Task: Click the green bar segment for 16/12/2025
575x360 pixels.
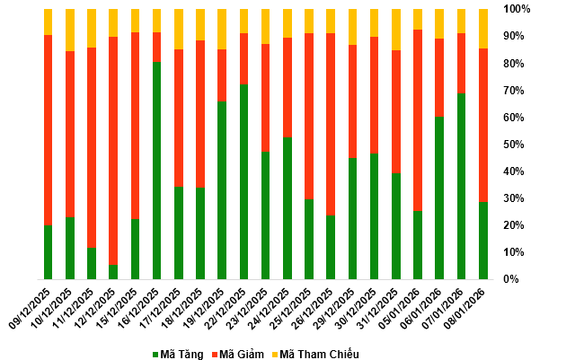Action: pyautogui.click(x=156, y=171)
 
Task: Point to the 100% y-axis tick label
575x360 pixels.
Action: pyautogui.click(x=517, y=9)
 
